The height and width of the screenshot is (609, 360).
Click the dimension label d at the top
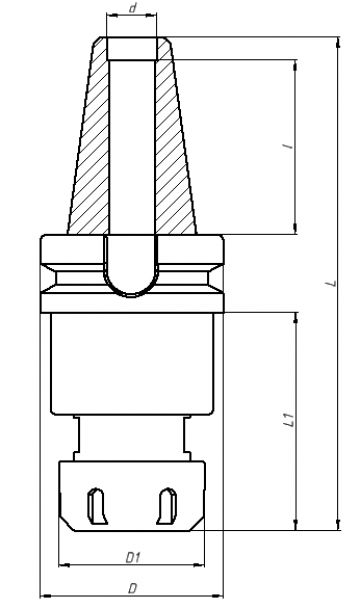coord(133,8)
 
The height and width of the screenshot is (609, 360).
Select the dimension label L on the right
coord(332,283)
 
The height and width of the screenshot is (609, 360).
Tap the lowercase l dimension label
coord(289,146)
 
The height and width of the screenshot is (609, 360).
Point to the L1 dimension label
coord(289,420)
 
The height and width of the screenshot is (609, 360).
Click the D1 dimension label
coord(133,558)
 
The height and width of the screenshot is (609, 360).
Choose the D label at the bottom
coord(132,589)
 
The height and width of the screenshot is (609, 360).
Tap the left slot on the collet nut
coord(96,506)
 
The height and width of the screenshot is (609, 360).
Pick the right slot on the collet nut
coord(167,506)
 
